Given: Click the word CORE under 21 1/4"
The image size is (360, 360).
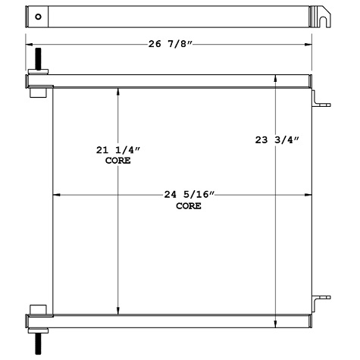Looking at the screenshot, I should pos(117,161).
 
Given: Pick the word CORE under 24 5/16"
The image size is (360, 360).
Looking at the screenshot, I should pos(189,205).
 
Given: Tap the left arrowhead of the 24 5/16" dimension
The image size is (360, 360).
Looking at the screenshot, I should pos(55,196).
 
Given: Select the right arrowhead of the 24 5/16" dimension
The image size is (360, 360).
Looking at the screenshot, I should pos(308,196).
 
